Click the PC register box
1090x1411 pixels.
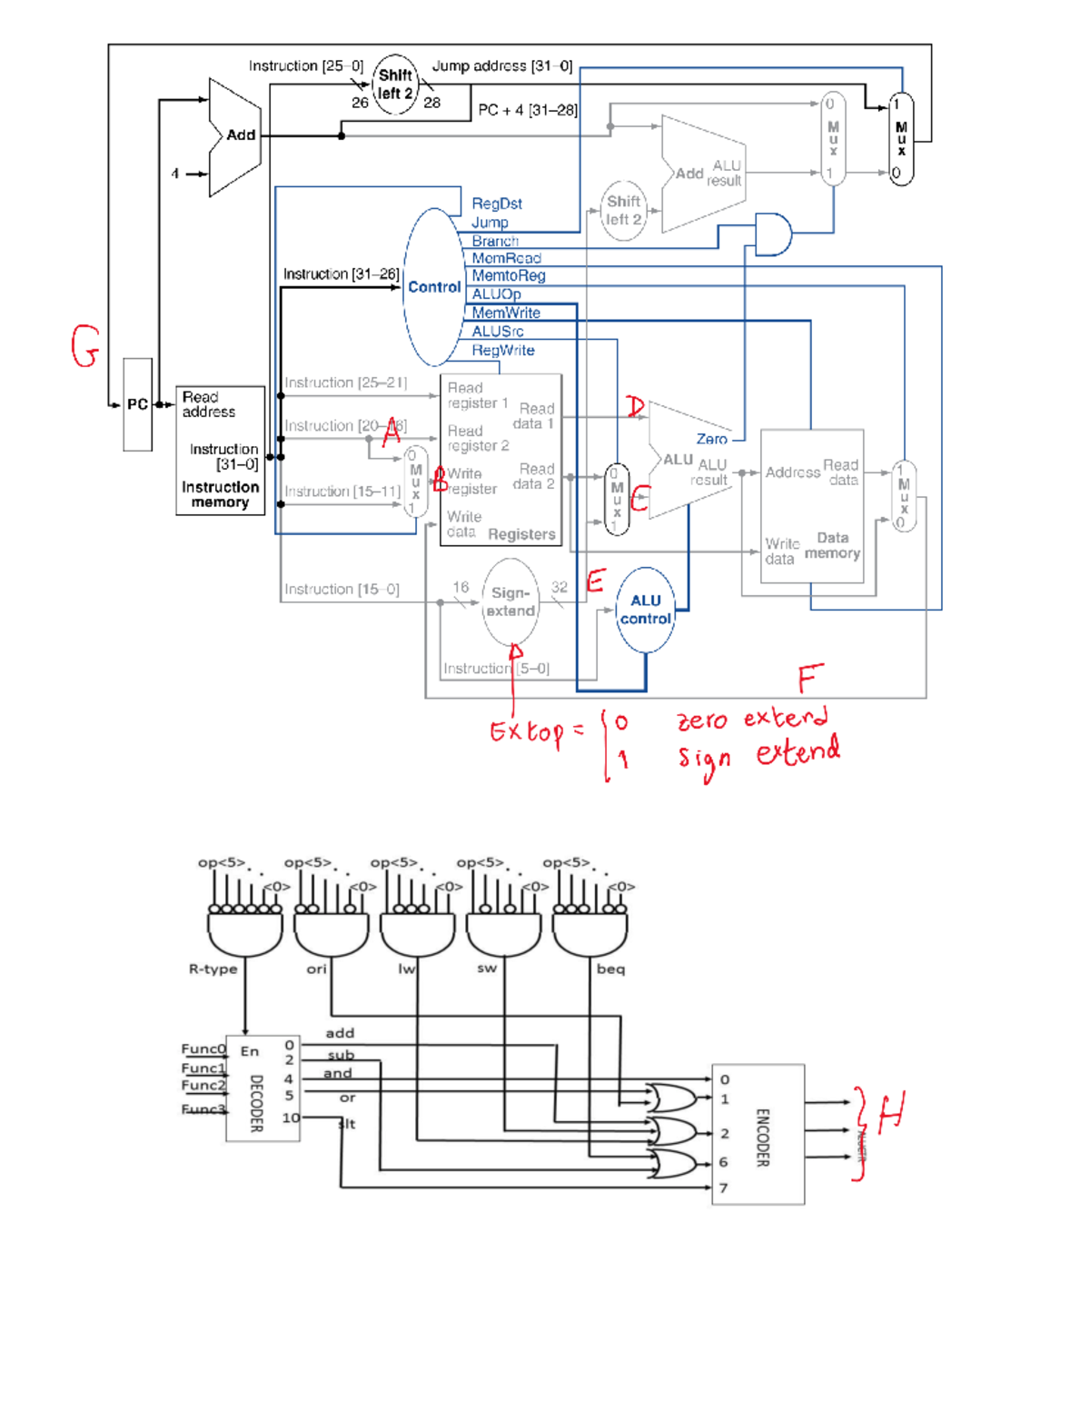pos(137,404)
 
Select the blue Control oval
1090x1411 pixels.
pos(434,287)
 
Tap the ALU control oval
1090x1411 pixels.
pos(646,610)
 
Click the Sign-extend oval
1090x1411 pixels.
pos(510,601)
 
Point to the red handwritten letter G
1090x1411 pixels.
pos(84,346)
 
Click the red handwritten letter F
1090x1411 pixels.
pos(809,678)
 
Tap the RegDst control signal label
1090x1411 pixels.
pos(496,204)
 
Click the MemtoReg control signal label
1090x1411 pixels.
pos(508,275)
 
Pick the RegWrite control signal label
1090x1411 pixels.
pos(502,350)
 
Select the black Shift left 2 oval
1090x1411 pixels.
pos(395,84)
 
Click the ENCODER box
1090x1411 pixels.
pos(758,1134)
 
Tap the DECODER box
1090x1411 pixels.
pos(263,1088)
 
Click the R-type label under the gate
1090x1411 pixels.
pos(213,969)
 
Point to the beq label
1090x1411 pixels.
pos(610,969)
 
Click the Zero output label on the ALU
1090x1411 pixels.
pos(711,439)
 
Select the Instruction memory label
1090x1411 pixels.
pos(220,494)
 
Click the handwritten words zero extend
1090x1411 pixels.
pos(752,719)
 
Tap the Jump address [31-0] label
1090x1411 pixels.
pos(501,65)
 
